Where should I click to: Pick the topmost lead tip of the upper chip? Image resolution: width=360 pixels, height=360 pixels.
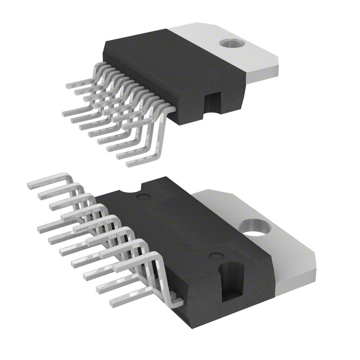pos(69,85)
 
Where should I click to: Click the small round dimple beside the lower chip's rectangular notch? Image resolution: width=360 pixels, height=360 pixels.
pos(214,256)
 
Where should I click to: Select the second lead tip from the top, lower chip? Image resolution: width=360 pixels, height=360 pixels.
pos(42,197)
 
